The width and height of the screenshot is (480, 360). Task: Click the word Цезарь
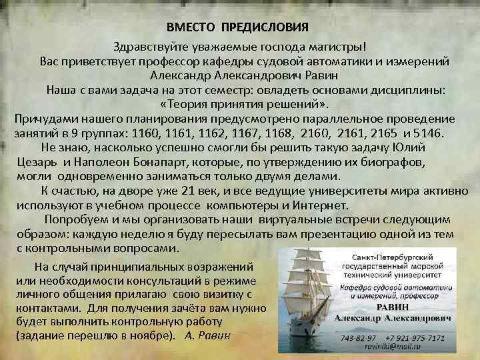39,162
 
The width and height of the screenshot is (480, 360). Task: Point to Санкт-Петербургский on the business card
393,257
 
